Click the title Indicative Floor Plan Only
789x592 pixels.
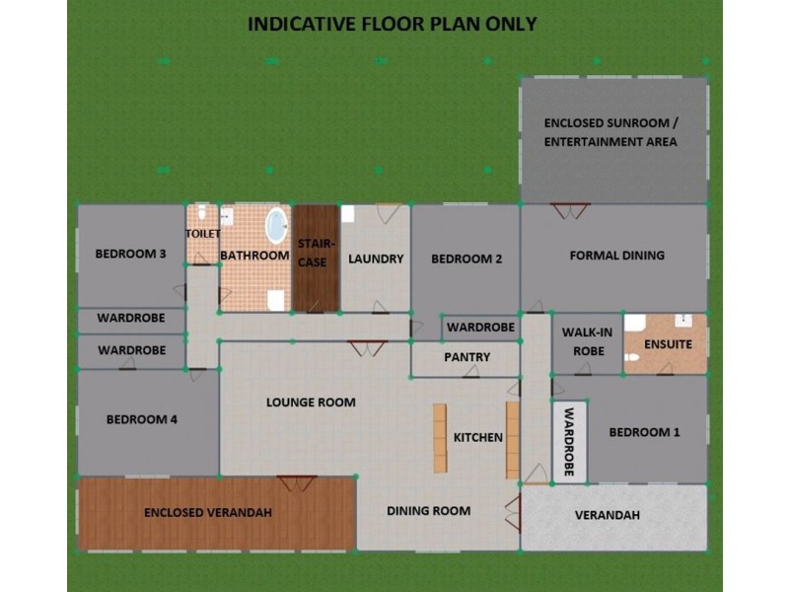(x=392, y=24)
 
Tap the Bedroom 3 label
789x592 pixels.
(x=130, y=255)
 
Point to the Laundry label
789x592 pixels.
(x=376, y=259)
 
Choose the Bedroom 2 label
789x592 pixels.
(x=466, y=259)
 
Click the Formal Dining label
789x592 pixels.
(x=617, y=256)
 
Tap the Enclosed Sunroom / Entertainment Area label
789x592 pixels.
(x=611, y=133)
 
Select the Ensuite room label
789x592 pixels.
(x=668, y=345)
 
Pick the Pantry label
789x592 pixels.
(x=467, y=357)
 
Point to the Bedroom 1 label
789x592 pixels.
(x=644, y=432)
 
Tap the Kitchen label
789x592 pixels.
(x=477, y=437)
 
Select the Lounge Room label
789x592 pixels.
(x=311, y=403)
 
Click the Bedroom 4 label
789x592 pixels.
(x=142, y=419)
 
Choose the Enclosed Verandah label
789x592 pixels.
(x=207, y=513)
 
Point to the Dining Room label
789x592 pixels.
(x=428, y=511)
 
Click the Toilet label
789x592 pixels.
(x=202, y=234)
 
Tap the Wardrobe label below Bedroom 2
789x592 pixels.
(x=480, y=327)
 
